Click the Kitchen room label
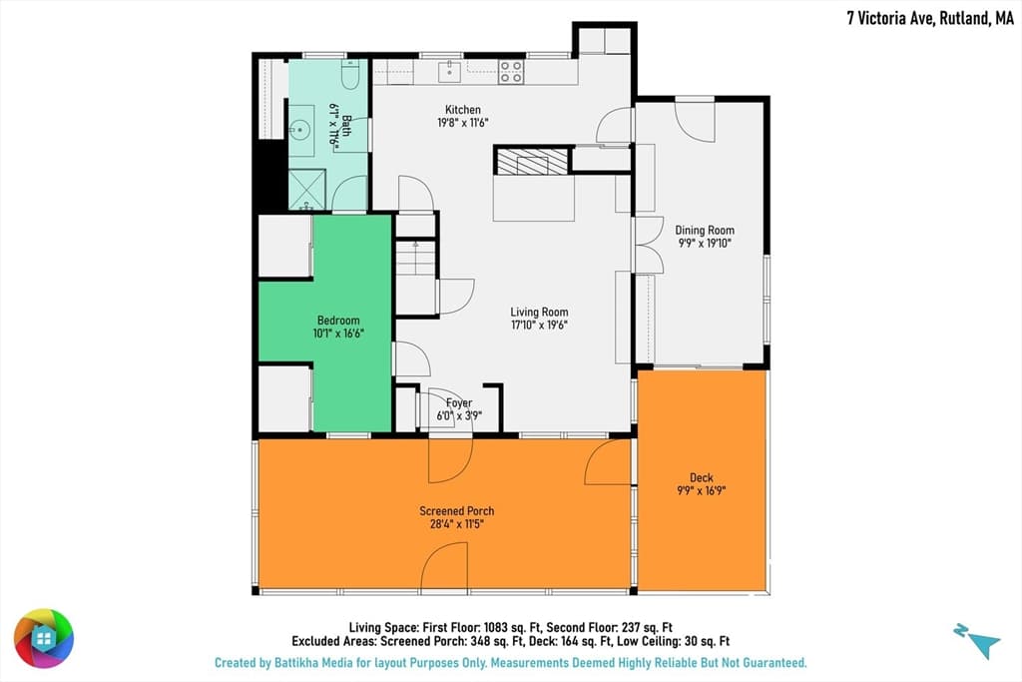tap(463, 110)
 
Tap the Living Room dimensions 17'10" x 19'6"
tap(539, 325)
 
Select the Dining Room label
tap(705, 230)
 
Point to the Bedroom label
tap(338, 321)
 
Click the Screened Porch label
tap(457, 511)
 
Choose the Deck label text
tap(702, 478)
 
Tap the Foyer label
tap(459, 403)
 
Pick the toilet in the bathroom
tap(350, 74)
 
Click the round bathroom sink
tap(299, 131)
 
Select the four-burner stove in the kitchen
tap(510, 72)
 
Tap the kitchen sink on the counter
tap(449, 71)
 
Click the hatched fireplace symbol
tap(532, 162)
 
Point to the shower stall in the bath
tap(307, 189)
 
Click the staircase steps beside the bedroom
tap(415, 258)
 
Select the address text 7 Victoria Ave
tap(891, 18)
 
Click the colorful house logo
tap(44, 638)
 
